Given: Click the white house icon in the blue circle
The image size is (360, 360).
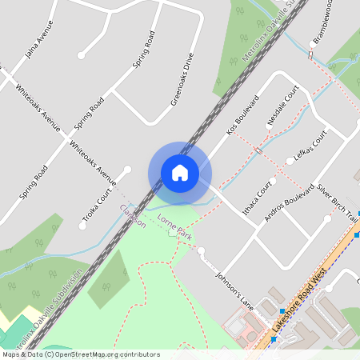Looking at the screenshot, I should click(x=180, y=173).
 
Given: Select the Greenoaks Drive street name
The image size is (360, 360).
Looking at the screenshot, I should click(x=182, y=80).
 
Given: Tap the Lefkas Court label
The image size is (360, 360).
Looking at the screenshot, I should click(x=311, y=150).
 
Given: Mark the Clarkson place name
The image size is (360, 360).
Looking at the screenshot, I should click(x=133, y=216).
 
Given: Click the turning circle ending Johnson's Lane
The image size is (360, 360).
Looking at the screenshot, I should click(x=202, y=253).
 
